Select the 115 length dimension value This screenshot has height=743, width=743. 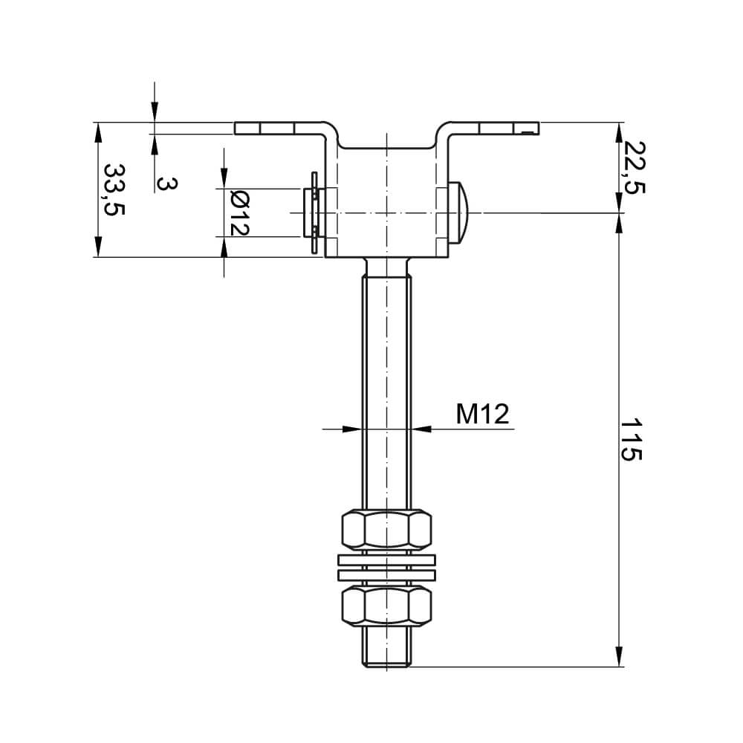click(631, 440)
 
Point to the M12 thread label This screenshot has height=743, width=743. click(483, 414)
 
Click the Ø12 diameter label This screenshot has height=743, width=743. click(239, 213)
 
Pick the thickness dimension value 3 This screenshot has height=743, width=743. click(168, 184)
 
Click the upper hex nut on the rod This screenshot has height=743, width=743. click(386, 528)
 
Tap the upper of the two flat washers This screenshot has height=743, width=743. click(386, 559)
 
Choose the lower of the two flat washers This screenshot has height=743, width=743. click(386, 575)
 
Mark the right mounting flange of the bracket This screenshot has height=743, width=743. click(494, 128)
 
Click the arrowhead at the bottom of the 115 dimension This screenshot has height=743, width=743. click(619, 657)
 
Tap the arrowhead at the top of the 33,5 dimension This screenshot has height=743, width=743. click(97, 132)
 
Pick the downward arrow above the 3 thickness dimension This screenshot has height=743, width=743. click(154, 112)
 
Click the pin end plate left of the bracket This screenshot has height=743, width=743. click(314, 213)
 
